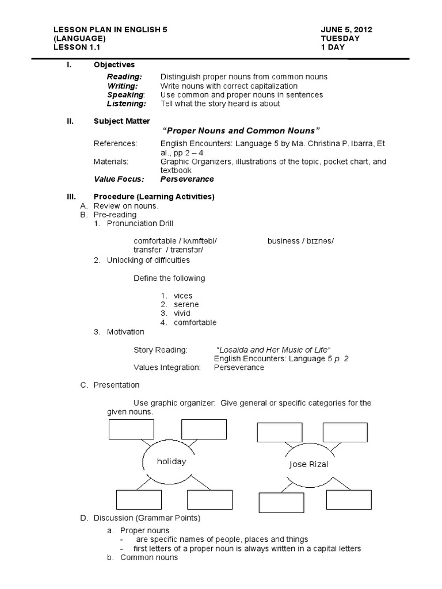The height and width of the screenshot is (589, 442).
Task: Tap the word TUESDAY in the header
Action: point(340,38)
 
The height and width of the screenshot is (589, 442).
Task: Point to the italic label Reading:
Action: point(124,77)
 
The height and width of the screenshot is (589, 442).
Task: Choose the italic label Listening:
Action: point(127,104)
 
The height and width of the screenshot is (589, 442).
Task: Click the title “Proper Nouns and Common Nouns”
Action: point(242,131)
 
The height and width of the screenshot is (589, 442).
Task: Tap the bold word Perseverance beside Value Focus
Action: point(187,179)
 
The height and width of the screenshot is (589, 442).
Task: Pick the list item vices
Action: point(182,295)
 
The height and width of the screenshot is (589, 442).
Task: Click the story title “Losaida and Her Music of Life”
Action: point(273,350)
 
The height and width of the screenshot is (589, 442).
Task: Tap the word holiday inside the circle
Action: point(172,461)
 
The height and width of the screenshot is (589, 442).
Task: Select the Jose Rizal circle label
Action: point(308,464)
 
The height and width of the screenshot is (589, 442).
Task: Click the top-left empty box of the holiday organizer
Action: point(131,429)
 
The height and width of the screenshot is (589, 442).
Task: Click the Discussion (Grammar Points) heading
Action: point(147,518)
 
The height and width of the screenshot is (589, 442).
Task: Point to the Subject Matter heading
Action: point(121,121)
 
